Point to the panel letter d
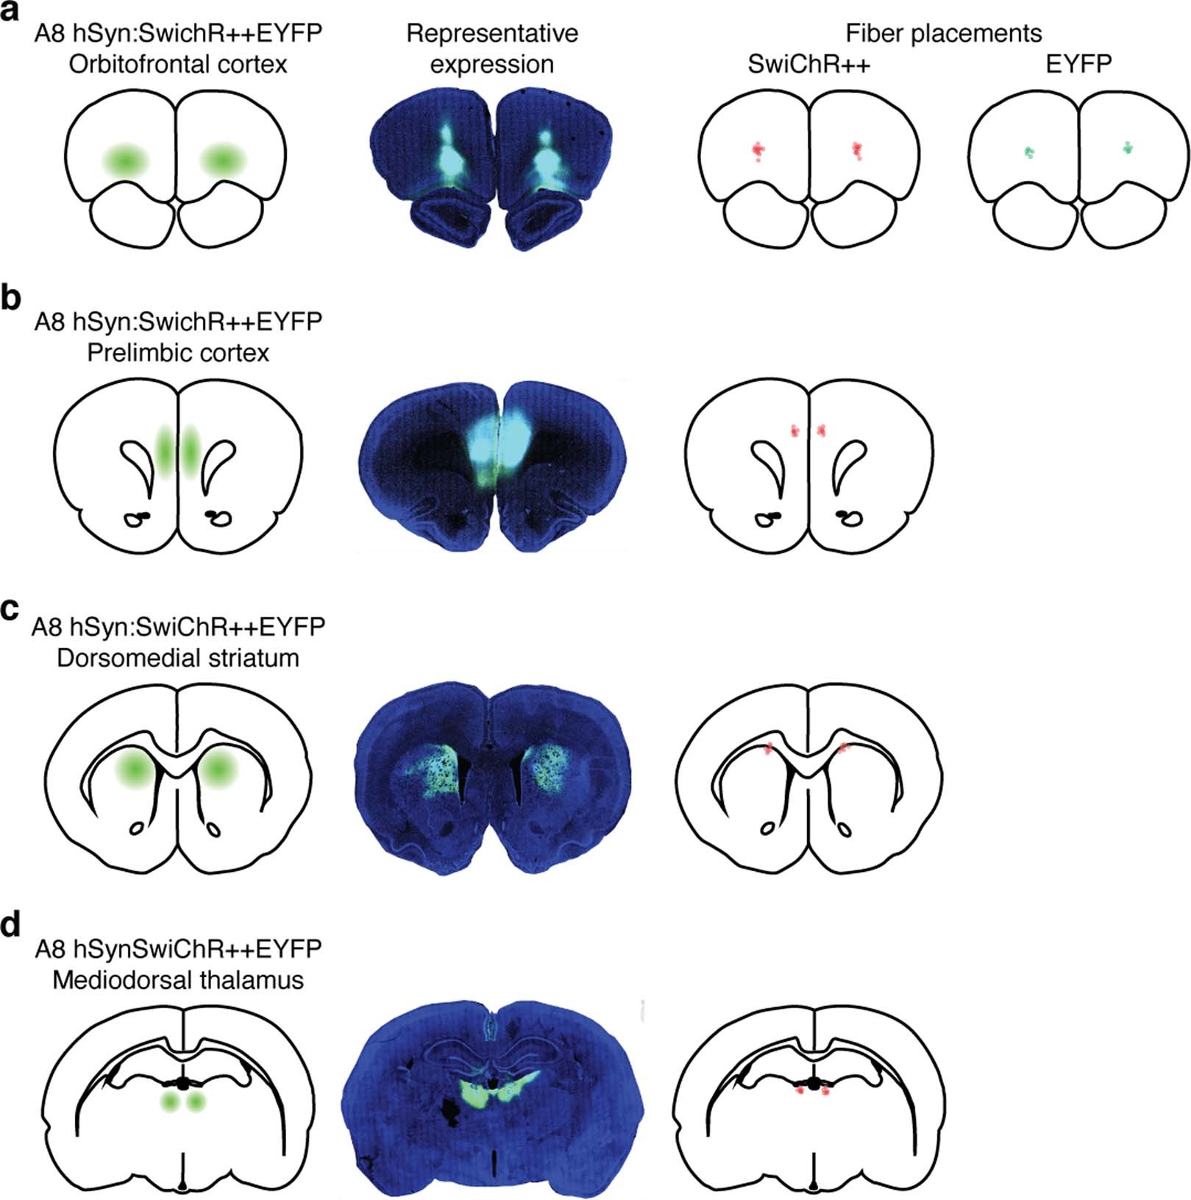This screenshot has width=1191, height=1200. coord(11,925)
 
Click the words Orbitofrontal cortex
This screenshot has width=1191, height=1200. coord(178,65)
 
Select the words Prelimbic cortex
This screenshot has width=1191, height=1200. coord(178,353)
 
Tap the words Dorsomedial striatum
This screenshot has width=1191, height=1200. coord(178,658)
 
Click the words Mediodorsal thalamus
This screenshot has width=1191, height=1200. coord(178,980)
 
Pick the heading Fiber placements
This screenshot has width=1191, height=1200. coord(943,33)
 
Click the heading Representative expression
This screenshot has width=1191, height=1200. coord(492,49)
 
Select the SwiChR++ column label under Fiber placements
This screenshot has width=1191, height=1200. coord(808,65)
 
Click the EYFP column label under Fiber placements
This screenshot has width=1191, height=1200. coord(1078,65)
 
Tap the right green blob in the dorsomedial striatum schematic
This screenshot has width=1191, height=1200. coord(217,769)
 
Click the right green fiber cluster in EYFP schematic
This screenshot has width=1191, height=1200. coord(1128,148)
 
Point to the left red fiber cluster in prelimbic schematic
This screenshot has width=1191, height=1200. coord(794,430)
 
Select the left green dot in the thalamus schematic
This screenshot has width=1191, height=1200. coord(171,1101)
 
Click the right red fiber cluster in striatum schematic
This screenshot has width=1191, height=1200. coord(843,748)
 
